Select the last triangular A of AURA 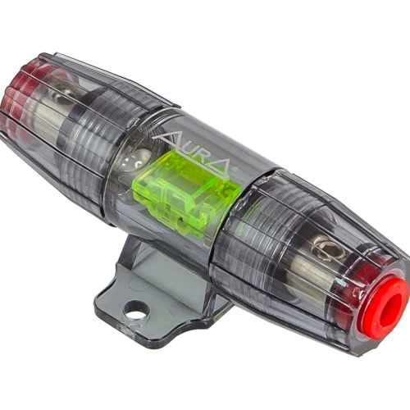pos(220,167)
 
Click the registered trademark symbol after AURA pos(234,170)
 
